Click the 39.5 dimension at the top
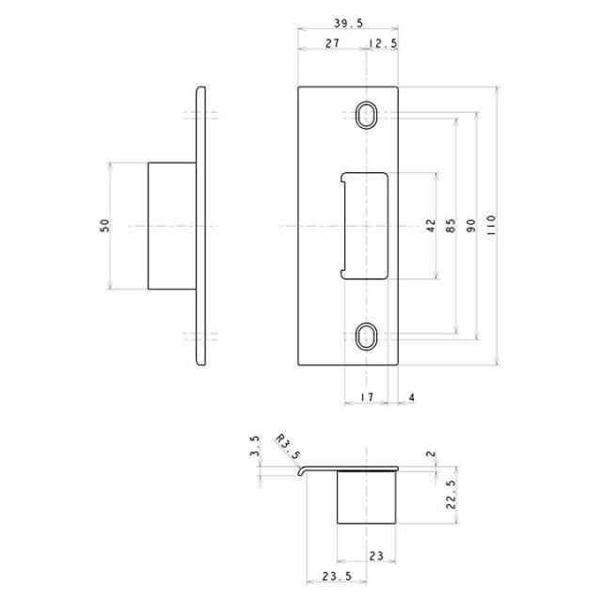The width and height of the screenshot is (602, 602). pyautogui.click(x=348, y=24)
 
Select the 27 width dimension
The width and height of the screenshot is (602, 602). pyautogui.click(x=332, y=43)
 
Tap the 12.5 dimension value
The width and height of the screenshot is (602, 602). pyautogui.click(x=383, y=43)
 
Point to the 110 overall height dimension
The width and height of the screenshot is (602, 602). pyautogui.click(x=491, y=225)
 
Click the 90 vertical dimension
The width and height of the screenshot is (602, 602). pyautogui.click(x=471, y=225)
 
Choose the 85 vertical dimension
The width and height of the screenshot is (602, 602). pyautogui.click(x=451, y=225)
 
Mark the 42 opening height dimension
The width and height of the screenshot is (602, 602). pyautogui.click(x=431, y=225)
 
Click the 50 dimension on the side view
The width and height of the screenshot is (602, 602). pyautogui.click(x=104, y=225)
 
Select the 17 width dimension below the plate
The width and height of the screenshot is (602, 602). pyautogui.click(x=367, y=397)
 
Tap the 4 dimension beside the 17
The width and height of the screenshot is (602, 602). pyautogui.click(x=412, y=397)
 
